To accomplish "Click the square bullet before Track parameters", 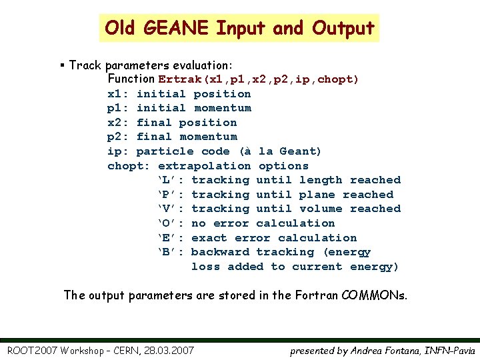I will tap(61, 65).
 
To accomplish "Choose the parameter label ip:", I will tap(118, 151).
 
